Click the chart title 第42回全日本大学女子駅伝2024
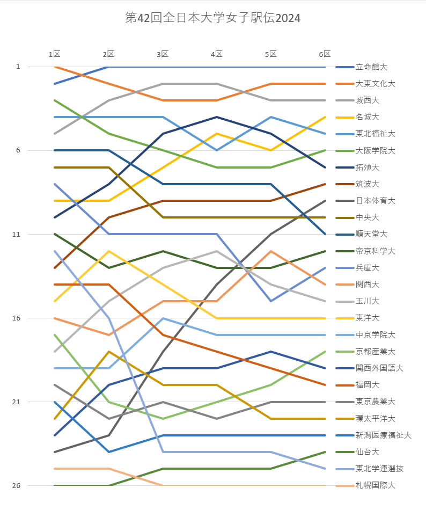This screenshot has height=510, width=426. (x=212, y=18)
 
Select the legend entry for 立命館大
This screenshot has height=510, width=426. (x=372, y=67)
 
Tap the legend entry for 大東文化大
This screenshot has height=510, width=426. (x=376, y=84)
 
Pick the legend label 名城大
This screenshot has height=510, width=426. (x=368, y=117)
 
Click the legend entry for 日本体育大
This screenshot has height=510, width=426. (x=376, y=201)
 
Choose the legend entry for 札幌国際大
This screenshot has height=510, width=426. (x=376, y=485)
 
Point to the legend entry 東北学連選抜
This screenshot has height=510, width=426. (x=379, y=469)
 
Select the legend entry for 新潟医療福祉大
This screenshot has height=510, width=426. (x=383, y=435)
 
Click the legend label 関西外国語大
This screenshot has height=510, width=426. (x=379, y=368)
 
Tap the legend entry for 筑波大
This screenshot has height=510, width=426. (x=368, y=184)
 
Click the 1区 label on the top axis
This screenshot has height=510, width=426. (x=54, y=54)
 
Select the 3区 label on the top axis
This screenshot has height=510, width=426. (x=163, y=54)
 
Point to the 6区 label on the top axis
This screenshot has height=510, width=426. (x=325, y=54)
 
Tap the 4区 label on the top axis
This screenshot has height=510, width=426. (x=217, y=54)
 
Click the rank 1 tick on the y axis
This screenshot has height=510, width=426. (x=18, y=67)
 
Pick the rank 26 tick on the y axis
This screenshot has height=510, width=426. (x=16, y=485)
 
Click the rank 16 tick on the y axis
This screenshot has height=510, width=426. (x=16, y=318)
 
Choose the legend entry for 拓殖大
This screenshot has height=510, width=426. (x=368, y=167)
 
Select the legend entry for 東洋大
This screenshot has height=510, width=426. (x=368, y=318)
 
